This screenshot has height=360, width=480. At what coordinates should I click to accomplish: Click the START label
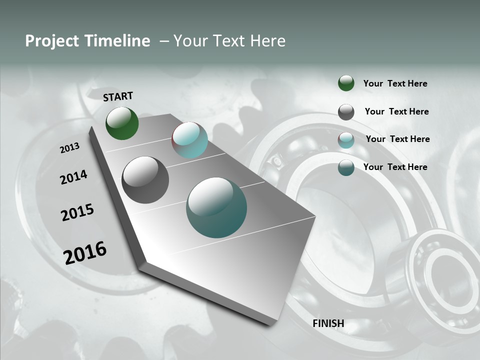(x=118, y=96)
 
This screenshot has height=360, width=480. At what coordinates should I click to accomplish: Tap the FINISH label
(x=328, y=323)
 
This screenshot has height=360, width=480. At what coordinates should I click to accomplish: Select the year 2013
(x=69, y=148)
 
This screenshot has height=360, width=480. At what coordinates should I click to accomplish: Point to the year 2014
(x=73, y=177)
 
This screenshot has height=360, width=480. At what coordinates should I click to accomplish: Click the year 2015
(x=77, y=212)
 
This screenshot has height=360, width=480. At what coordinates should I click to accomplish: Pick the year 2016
(x=85, y=252)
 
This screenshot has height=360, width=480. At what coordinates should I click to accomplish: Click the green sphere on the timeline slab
(x=122, y=123)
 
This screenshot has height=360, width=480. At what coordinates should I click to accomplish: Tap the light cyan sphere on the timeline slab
(x=189, y=140)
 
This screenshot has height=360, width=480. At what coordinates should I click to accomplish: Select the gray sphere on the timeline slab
(x=145, y=180)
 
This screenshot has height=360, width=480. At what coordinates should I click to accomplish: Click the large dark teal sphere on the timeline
(x=216, y=207)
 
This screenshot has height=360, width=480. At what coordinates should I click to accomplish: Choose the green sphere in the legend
(x=346, y=83)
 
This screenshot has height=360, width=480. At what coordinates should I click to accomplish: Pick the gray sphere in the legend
(x=346, y=112)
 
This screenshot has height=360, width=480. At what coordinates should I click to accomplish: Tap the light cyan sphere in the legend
(x=346, y=140)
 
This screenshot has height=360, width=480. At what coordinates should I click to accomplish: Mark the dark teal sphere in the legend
(x=346, y=167)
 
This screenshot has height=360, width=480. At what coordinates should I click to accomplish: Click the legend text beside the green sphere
(x=395, y=83)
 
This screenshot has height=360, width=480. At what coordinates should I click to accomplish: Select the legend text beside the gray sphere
(x=396, y=111)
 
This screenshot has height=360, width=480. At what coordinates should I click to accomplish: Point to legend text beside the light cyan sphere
(x=397, y=139)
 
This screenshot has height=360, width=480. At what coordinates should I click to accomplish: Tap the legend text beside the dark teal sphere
(x=395, y=167)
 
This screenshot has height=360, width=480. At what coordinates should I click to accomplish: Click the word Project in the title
(x=52, y=41)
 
